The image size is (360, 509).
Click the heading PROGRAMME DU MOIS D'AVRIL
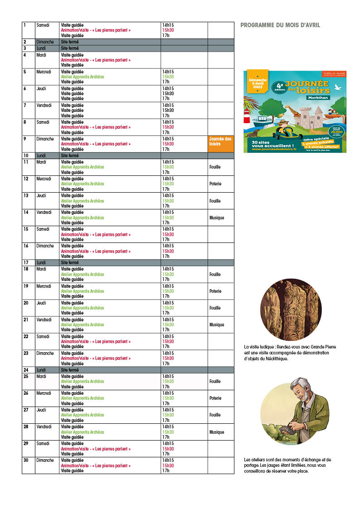(280, 25)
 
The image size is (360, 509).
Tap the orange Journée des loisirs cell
(221, 144)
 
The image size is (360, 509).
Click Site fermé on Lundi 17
(70, 262)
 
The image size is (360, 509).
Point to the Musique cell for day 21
(217, 325)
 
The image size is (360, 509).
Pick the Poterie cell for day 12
(215, 184)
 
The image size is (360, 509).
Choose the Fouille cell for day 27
(215, 415)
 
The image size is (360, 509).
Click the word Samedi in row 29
(43, 443)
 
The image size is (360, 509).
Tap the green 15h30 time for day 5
(168, 77)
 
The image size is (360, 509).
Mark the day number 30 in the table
(26, 460)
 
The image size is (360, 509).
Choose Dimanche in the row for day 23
(45, 353)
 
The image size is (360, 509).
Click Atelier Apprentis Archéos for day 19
(83, 291)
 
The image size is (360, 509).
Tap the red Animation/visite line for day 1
(96, 30)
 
